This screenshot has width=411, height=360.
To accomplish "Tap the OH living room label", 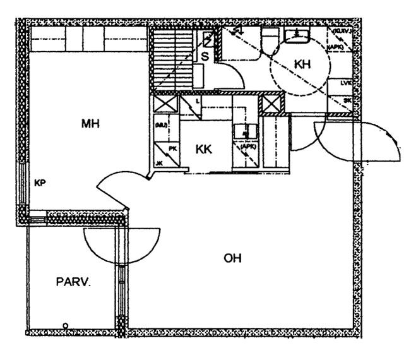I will click(233, 258).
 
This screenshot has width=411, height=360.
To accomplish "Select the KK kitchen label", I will click(203, 149).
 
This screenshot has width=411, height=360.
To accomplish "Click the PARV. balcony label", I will click(74, 282).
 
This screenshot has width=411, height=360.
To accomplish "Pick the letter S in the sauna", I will click(205, 56).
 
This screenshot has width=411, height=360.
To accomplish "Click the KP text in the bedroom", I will click(39, 183).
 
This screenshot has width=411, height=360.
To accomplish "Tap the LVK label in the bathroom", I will click(345, 83).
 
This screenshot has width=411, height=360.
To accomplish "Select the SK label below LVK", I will click(347, 100).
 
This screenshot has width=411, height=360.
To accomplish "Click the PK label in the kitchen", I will click(172, 148).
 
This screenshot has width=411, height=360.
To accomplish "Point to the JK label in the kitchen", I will click(159, 163).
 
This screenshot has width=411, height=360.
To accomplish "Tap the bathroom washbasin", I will click(295, 36).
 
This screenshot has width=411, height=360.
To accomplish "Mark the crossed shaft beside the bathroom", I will click(271, 104).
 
